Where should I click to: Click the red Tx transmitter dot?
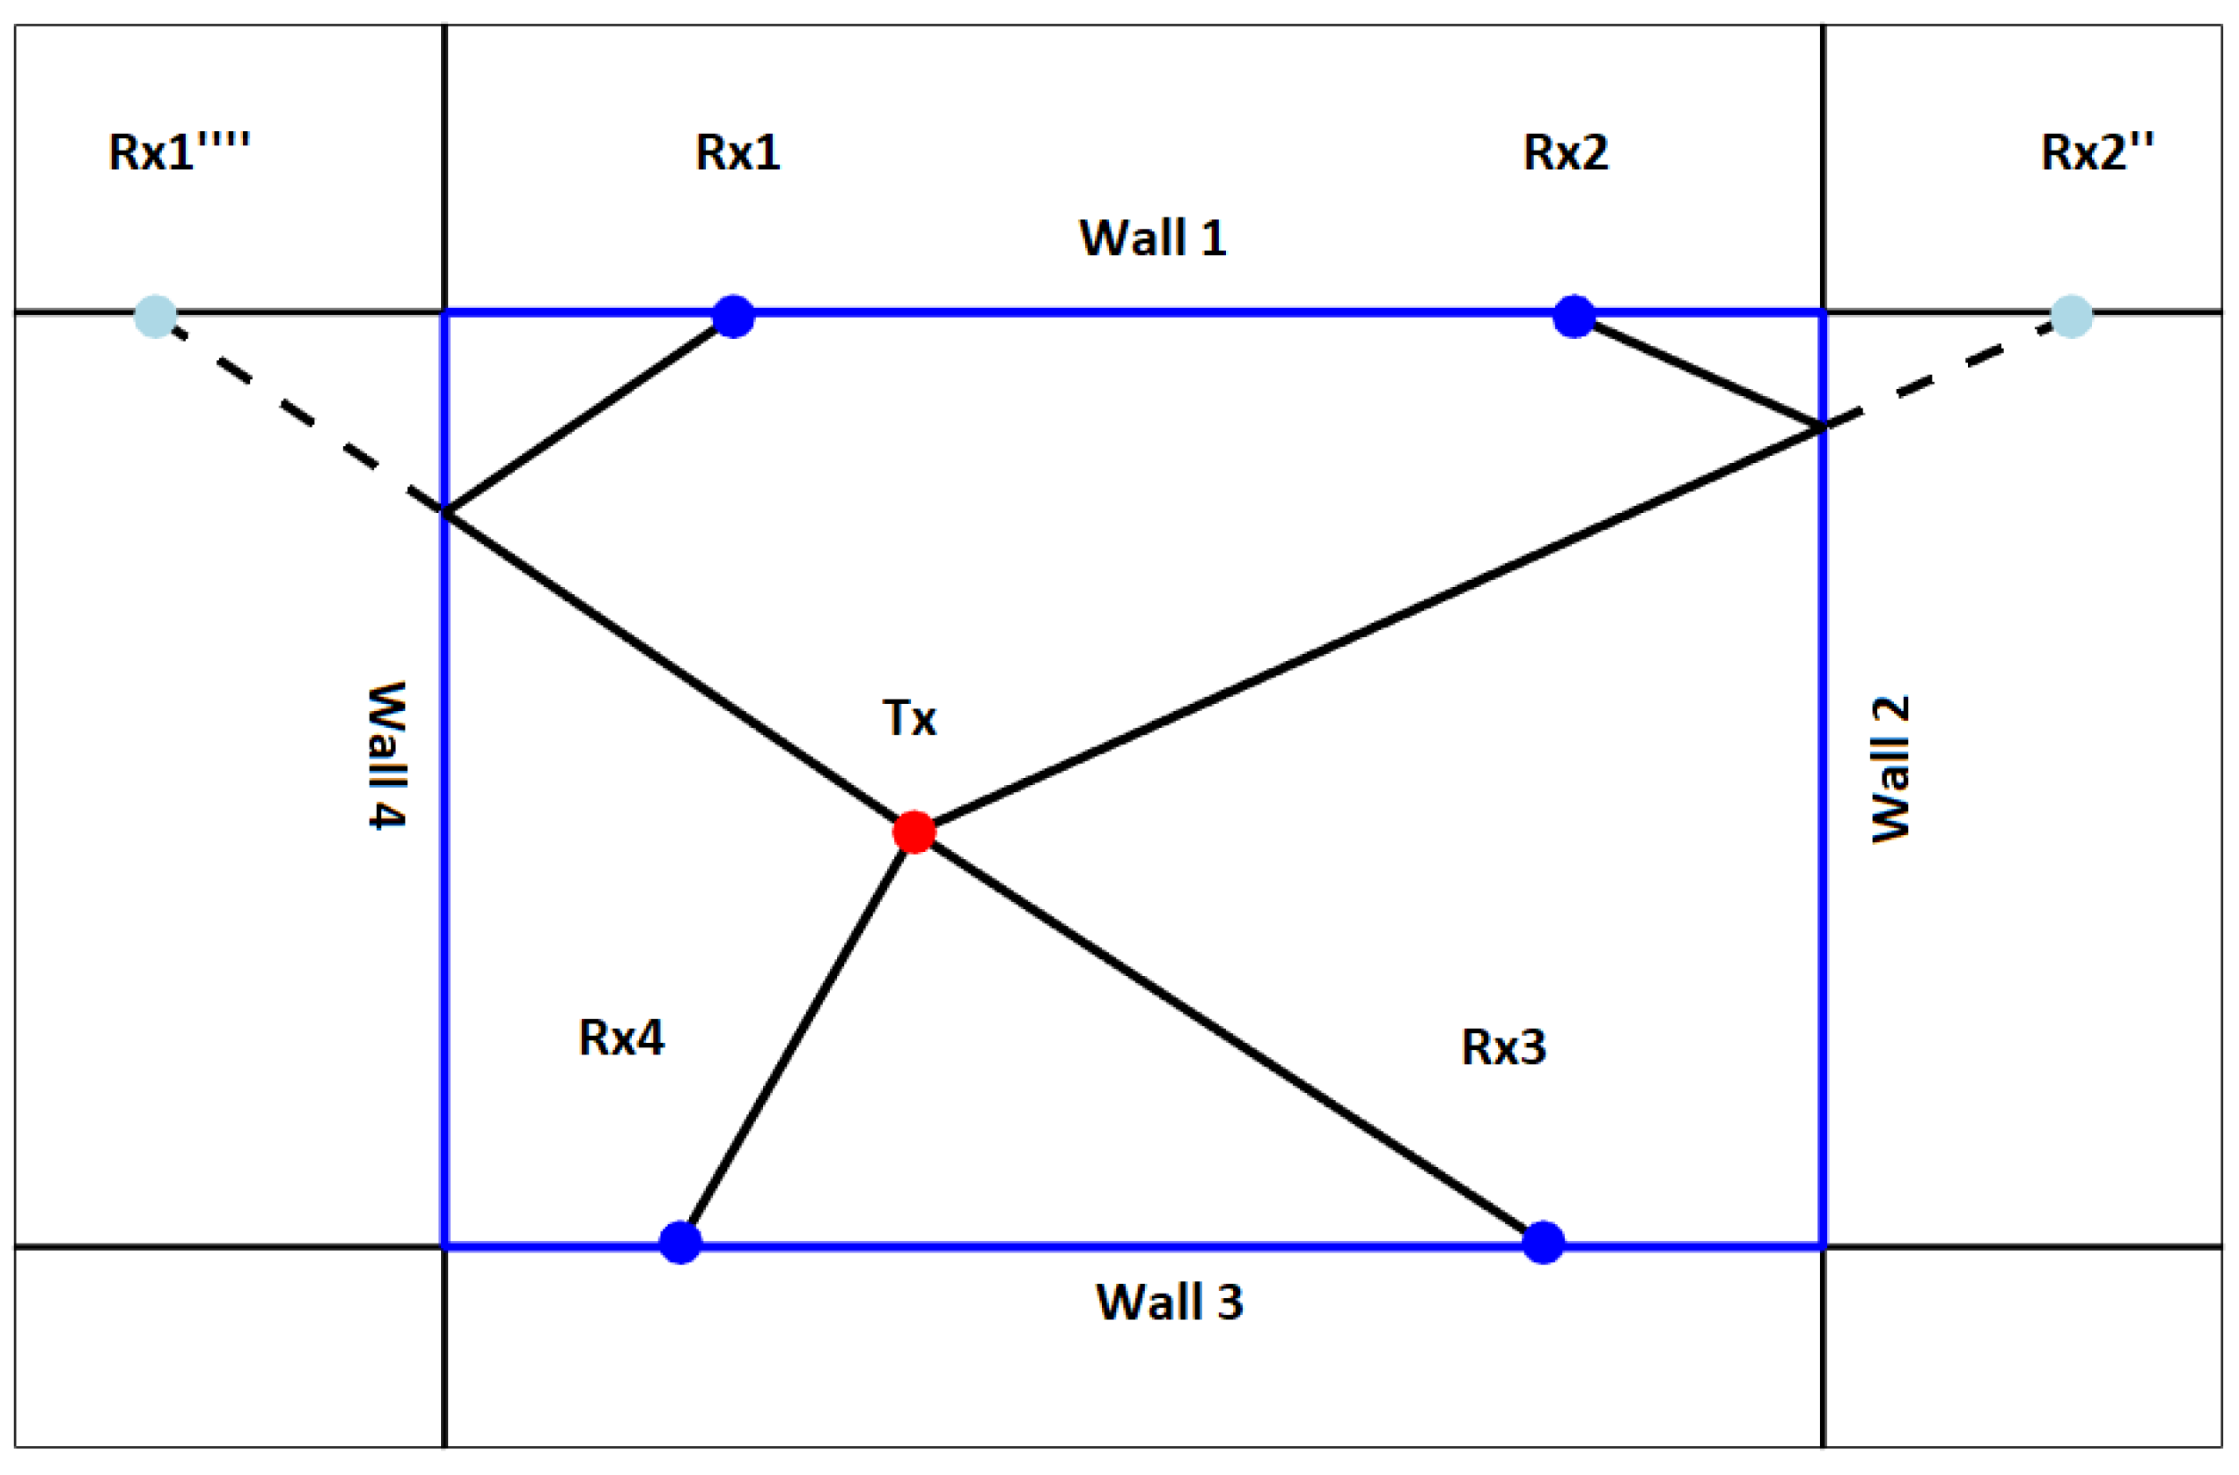(914, 832)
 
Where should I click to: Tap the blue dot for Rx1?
(734, 316)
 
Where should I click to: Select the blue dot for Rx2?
(1574, 316)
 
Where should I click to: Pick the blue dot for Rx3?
(1543, 1243)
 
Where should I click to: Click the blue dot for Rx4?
(680, 1243)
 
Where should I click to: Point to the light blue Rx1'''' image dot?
(155, 316)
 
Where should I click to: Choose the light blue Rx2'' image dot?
(2072, 316)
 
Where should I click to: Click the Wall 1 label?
(1152, 238)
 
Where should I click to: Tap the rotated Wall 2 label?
(1891, 769)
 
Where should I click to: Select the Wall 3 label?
(1170, 1303)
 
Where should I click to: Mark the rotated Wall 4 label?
(386, 755)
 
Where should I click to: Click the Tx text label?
(909, 719)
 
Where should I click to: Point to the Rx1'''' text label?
(179, 151)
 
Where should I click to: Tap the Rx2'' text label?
(2097, 151)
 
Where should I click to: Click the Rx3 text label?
(1503, 1048)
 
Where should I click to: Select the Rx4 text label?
(620, 1038)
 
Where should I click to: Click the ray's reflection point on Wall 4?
(445, 510)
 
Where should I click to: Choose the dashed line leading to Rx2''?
(1948, 371)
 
